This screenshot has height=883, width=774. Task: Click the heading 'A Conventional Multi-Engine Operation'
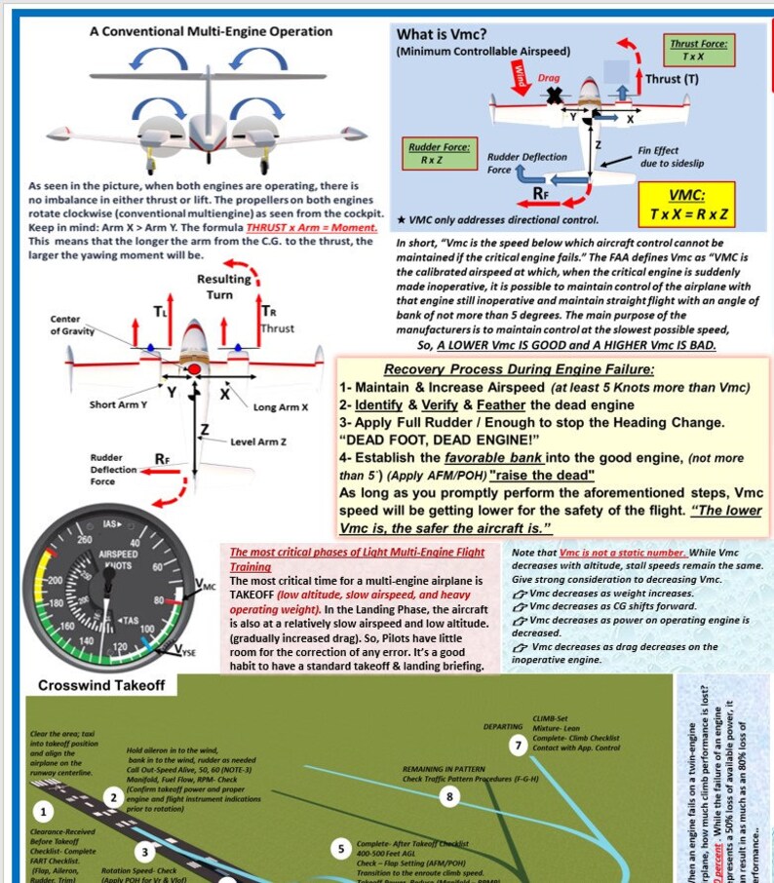(211, 31)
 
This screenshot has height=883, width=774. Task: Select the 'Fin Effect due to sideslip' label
(670, 157)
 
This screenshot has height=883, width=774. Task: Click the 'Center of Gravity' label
(73, 326)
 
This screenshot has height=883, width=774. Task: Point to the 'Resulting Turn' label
(223, 287)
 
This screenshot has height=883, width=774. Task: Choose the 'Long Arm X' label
(281, 406)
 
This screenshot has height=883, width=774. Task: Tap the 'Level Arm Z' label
(258, 441)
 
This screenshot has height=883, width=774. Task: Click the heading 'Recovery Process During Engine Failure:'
(519, 368)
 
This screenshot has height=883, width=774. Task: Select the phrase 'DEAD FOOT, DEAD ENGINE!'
(436, 439)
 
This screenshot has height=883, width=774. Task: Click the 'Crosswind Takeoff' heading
(101, 686)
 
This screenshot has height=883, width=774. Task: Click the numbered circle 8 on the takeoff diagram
(449, 797)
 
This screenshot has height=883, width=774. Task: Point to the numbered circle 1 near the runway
(42, 811)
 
